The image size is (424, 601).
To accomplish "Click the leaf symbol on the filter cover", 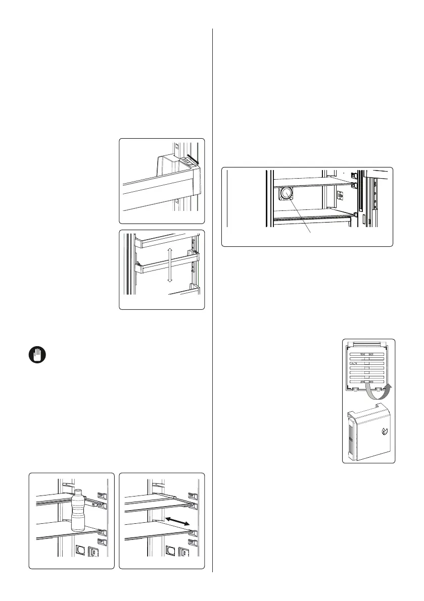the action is point(384,431).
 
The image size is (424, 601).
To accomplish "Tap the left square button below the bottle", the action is point(79,551).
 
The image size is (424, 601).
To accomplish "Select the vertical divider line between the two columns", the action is point(212,303).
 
